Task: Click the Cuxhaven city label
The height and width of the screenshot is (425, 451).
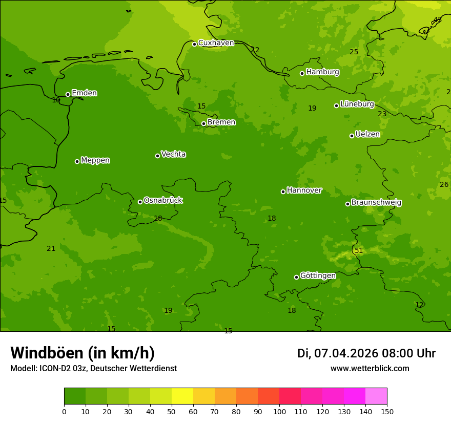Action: coord(216,43)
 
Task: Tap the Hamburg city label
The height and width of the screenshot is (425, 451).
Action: coord(322,72)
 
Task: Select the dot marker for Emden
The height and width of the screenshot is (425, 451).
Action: coord(68,94)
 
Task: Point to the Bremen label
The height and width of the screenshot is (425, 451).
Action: coord(221,122)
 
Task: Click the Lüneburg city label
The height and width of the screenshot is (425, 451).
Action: coord(357,104)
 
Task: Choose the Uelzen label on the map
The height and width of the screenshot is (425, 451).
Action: coord(367,135)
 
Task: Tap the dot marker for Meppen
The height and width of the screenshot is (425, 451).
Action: coord(77,161)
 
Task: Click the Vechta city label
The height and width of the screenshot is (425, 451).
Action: coord(173,155)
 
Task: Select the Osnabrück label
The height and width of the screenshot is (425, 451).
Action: coord(163,201)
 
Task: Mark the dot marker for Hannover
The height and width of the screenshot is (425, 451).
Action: coord(283,192)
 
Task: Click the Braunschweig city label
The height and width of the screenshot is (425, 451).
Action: coord(376,203)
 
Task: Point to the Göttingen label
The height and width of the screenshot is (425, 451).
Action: coord(318,276)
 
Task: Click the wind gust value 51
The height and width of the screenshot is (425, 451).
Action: coord(359,250)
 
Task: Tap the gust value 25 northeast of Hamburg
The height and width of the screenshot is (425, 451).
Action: coord(354,52)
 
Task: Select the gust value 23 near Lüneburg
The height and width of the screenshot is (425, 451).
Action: coord(382,114)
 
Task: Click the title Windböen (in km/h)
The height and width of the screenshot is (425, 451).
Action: coord(83,353)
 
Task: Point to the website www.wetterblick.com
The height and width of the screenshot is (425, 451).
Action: coord(370,369)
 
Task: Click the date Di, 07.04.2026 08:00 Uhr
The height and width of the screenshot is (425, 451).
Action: coord(366,353)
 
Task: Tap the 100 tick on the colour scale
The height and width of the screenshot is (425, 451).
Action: coord(279,411)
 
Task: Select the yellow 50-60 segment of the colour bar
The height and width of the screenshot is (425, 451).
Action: coord(182,396)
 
